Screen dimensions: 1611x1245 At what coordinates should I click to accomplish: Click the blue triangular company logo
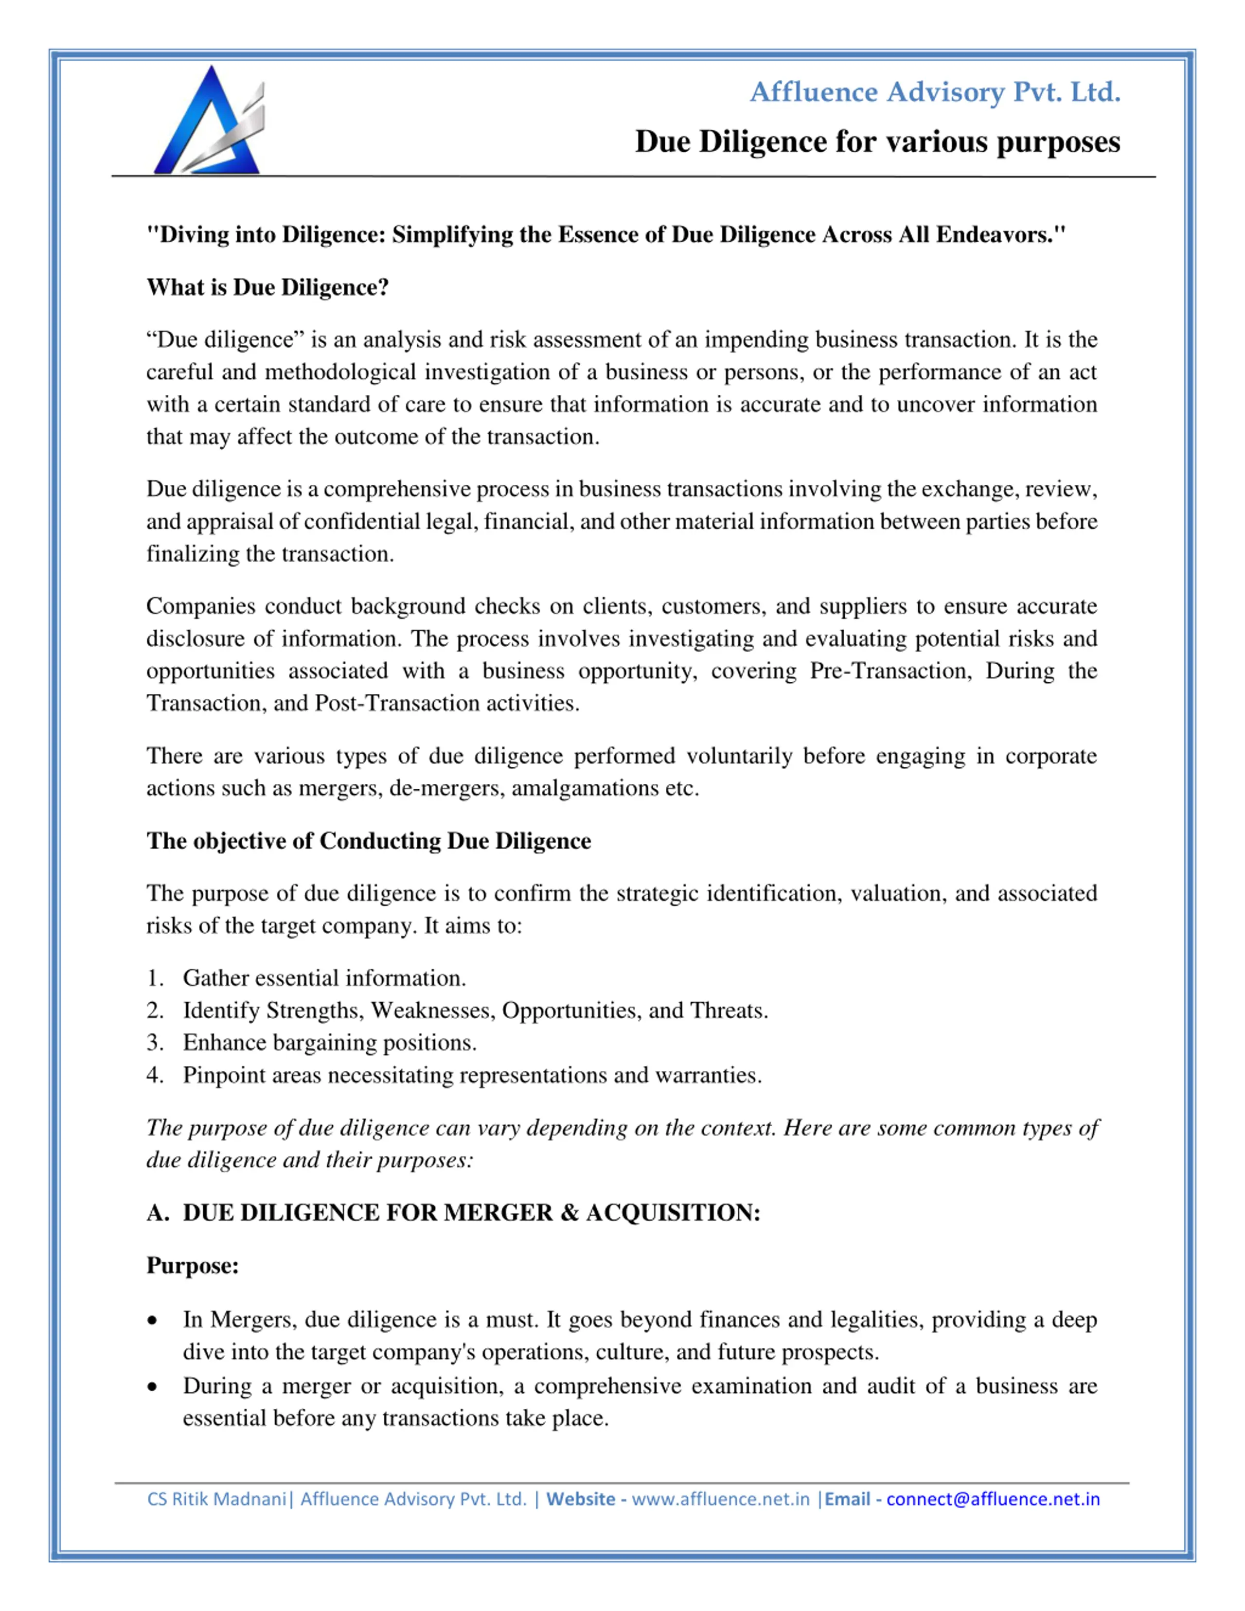[208, 122]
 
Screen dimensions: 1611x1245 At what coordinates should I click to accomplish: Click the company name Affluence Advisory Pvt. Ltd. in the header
[935, 92]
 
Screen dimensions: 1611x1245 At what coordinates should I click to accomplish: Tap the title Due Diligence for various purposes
[877, 142]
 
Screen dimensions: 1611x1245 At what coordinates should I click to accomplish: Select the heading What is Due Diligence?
[267, 287]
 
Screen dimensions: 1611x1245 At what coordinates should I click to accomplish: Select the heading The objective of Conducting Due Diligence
[369, 841]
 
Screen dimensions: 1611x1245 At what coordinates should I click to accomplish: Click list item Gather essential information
[324, 978]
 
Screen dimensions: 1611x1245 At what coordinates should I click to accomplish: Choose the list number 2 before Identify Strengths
[154, 1010]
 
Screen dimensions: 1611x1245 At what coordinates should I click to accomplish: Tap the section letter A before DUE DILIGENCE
[157, 1213]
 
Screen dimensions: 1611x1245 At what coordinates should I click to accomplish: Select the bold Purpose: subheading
[193, 1266]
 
